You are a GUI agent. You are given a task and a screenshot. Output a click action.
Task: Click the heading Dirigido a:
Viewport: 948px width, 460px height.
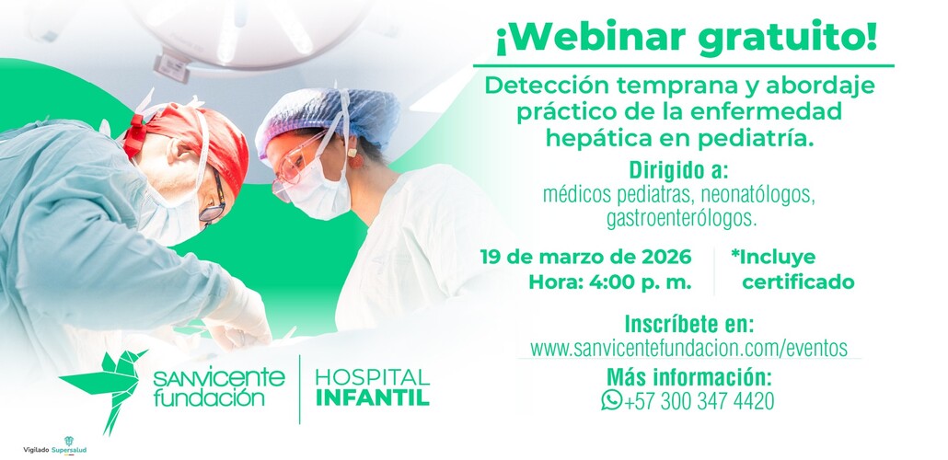678,172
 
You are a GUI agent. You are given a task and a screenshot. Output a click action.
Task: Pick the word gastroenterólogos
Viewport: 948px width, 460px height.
682,219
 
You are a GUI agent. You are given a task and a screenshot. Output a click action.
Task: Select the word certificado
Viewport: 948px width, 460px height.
798,282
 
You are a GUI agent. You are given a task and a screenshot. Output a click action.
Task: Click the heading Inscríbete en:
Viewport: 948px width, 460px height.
688,325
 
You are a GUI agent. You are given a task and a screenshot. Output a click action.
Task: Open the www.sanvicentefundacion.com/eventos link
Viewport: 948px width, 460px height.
688,349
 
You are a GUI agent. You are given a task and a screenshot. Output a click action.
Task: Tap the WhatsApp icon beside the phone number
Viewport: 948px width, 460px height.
611,401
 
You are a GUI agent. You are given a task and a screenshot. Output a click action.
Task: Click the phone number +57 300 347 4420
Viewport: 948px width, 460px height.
699,402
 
